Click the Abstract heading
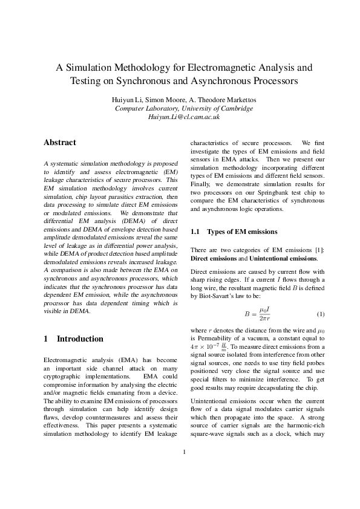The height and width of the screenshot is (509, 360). (60, 143)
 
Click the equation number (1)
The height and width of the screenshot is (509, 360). (321, 314)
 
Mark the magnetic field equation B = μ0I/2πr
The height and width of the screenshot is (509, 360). (257, 314)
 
